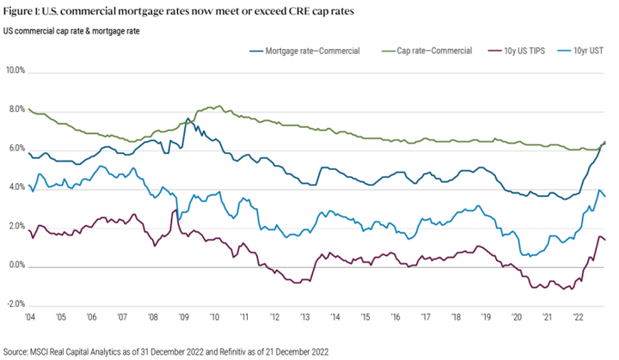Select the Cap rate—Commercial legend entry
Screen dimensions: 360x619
pos(434,52)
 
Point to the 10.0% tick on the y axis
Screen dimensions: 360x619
pos(15,70)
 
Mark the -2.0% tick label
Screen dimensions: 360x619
pos(15,304)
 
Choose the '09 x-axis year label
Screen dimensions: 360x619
pos(183,317)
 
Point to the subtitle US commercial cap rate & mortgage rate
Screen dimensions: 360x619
pos(72,32)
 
